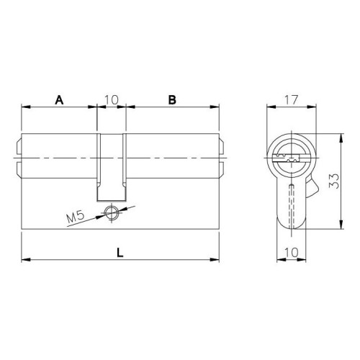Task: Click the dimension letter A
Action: (x=59, y=100)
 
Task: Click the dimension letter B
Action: (x=172, y=100)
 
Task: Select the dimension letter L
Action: (x=120, y=253)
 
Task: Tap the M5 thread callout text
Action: (x=76, y=217)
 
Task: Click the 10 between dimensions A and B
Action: (x=112, y=100)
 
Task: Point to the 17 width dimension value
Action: (x=292, y=100)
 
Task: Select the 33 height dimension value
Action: (x=334, y=181)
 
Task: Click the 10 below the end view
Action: (x=292, y=252)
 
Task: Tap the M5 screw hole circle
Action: (x=111, y=212)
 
